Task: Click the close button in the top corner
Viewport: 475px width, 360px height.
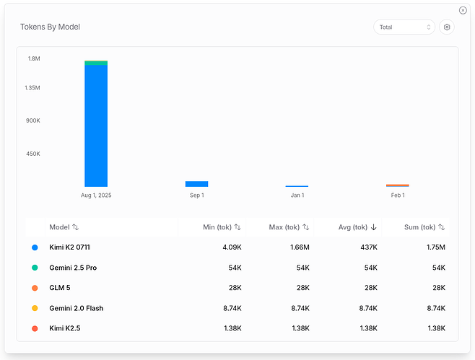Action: pyautogui.click(x=463, y=10)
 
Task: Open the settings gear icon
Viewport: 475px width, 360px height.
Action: pyautogui.click(x=447, y=27)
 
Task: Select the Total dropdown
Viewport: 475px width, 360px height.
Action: pyautogui.click(x=404, y=27)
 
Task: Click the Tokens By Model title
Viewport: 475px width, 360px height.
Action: pyautogui.click(x=50, y=27)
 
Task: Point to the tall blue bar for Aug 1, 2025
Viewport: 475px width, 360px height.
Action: pyautogui.click(x=96, y=126)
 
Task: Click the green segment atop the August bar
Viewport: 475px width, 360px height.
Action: pyautogui.click(x=96, y=63)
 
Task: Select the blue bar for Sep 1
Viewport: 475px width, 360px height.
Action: pyautogui.click(x=196, y=184)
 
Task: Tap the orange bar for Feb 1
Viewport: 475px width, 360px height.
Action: pyautogui.click(x=398, y=185)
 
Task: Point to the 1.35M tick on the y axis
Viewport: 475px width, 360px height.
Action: pyautogui.click(x=32, y=88)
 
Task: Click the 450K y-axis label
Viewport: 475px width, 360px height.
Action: pyautogui.click(x=33, y=154)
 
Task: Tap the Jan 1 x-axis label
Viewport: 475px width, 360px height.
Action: pyautogui.click(x=297, y=196)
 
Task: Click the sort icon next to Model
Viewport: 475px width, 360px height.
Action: pyautogui.click(x=75, y=227)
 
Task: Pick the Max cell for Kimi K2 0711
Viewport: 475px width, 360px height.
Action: pyautogui.click(x=300, y=247)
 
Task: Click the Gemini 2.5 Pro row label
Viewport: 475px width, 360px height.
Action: pyautogui.click(x=73, y=268)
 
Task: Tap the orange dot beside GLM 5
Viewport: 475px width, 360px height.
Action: pyautogui.click(x=35, y=288)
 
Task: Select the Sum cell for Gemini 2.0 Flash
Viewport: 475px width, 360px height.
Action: pyautogui.click(x=436, y=308)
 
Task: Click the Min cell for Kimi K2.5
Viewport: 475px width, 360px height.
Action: pyautogui.click(x=232, y=328)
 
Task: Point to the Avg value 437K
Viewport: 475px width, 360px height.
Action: pyautogui.click(x=369, y=247)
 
